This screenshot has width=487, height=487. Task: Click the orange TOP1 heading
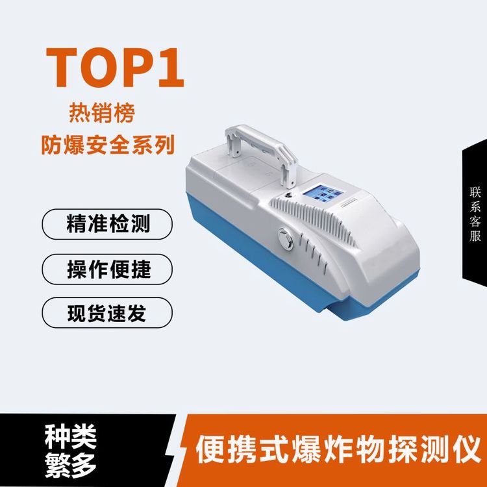(x=115, y=68)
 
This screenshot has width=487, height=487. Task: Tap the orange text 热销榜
(x=102, y=113)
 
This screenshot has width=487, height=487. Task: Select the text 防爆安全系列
(x=108, y=145)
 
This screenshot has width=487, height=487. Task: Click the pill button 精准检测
(x=107, y=224)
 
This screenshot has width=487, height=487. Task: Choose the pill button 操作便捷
(x=107, y=269)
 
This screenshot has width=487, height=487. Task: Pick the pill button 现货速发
(x=107, y=312)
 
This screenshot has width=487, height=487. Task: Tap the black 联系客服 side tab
(x=475, y=214)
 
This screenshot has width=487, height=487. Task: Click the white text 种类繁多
(x=71, y=451)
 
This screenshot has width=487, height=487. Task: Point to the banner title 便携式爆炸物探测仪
(x=338, y=449)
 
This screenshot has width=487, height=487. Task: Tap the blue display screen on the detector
(x=322, y=194)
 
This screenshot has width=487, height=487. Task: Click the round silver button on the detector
(x=286, y=239)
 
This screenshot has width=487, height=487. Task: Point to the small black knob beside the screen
(x=290, y=195)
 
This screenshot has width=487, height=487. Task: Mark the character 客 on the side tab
(x=475, y=221)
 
